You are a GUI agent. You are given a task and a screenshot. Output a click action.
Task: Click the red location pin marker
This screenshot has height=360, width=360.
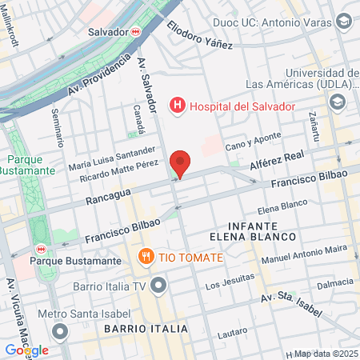(x=181, y=163)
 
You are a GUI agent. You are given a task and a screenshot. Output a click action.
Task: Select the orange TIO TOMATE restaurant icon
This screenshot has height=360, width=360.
(x=145, y=258)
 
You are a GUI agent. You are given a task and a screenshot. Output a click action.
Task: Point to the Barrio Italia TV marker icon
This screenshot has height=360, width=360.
(x=160, y=285)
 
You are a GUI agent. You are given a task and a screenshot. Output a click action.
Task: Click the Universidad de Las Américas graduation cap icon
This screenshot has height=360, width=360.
(x=338, y=102)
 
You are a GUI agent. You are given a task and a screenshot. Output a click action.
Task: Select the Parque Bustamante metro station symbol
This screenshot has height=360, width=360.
(x=42, y=247)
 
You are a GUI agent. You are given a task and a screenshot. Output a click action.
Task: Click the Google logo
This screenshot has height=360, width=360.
(x=26, y=350)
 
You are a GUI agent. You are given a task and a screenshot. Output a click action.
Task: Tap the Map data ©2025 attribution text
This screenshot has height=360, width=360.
(x=324, y=354)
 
